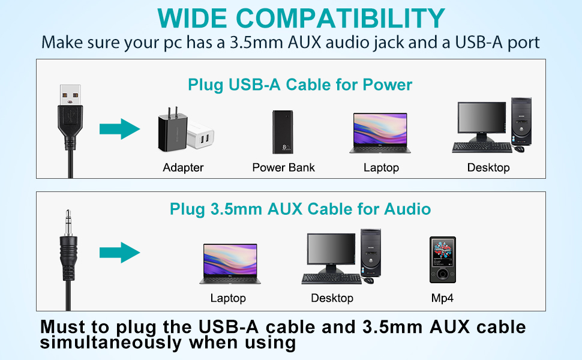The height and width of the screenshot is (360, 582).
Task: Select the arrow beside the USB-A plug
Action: [119, 128]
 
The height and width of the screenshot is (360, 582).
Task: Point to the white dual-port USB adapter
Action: [201, 139]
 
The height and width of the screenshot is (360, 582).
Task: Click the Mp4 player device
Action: [442, 260]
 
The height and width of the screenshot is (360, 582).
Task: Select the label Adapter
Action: [183, 167]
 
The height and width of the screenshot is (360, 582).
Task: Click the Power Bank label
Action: [283, 167]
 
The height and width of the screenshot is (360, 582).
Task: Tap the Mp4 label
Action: [443, 298]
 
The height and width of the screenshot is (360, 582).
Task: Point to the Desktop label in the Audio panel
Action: [332, 298]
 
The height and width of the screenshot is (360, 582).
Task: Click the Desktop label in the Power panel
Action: [488, 167]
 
